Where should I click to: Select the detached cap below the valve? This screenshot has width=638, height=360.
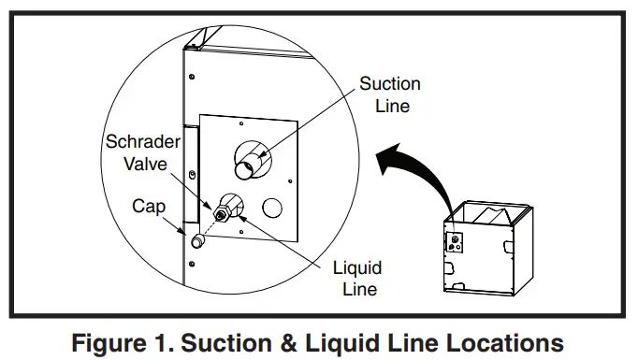197,241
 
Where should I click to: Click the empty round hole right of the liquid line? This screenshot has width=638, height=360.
272,205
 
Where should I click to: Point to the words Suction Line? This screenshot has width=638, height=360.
390,95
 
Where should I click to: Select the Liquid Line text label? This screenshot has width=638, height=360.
356,279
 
